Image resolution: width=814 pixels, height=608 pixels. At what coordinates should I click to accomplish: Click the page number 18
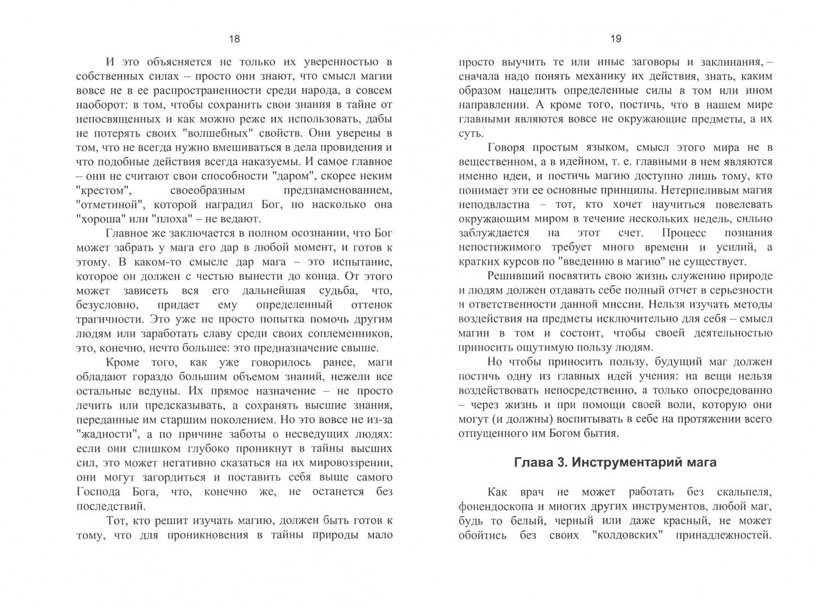coord(234,39)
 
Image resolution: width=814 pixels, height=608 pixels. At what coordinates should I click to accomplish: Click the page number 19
coord(616,39)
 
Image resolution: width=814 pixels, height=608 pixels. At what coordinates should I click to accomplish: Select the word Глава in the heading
coord(532,462)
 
